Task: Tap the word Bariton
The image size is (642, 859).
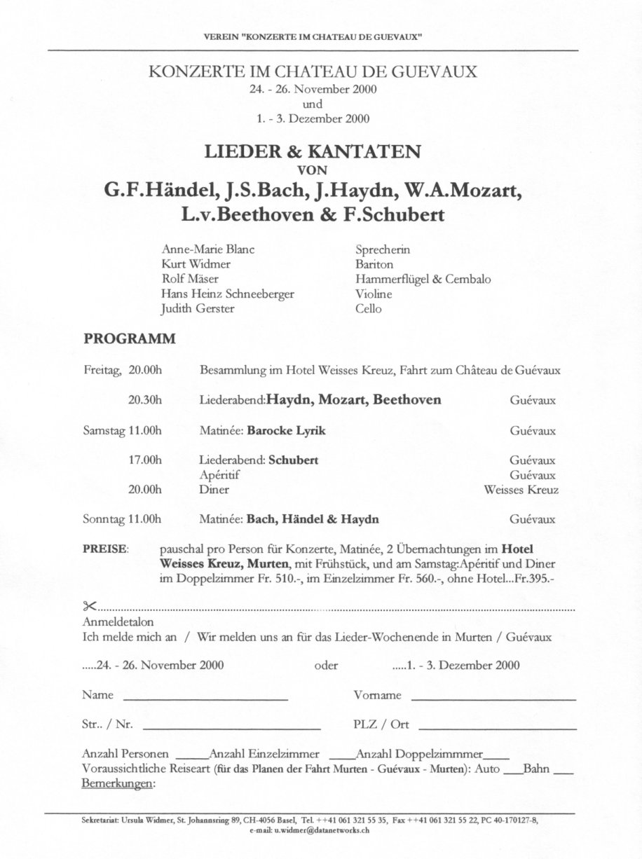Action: pos(374,264)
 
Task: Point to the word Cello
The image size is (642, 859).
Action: pos(369,308)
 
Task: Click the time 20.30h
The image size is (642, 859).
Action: pos(145,400)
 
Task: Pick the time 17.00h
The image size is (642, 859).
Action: pos(145,460)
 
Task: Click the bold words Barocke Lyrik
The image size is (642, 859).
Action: pos(286,430)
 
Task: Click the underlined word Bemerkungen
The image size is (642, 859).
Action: pos(118,784)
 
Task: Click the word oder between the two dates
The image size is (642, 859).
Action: pos(327,666)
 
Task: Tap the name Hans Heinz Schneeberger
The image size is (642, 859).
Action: pos(228,294)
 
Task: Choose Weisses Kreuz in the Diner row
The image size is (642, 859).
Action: pos(521,490)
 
